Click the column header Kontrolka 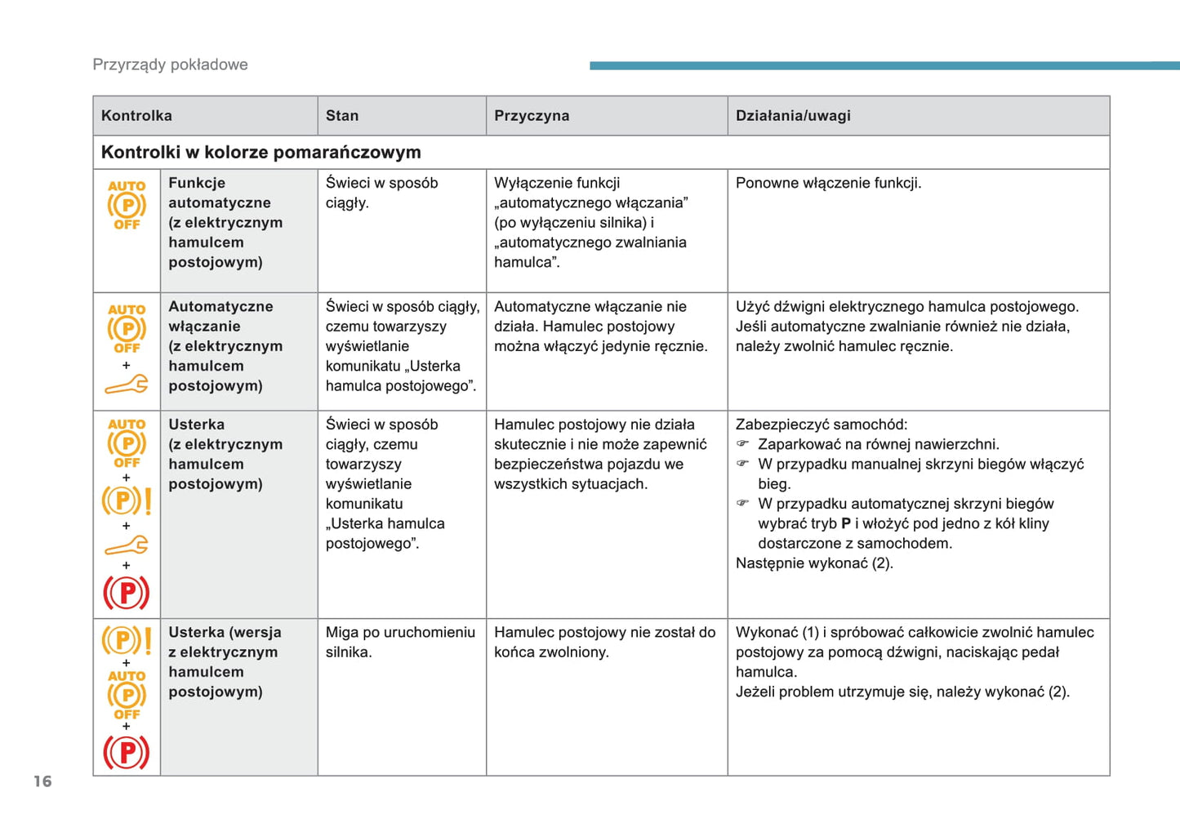[x=136, y=116]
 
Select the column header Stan [x=342, y=116]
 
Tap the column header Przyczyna [x=532, y=116]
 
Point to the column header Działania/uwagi [x=793, y=116]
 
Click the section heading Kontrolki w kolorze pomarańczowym [x=260, y=153]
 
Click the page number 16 [x=42, y=781]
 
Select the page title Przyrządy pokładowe [x=170, y=65]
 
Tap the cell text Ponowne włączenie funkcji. [x=828, y=183]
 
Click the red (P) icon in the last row [x=126, y=752]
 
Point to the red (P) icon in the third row [x=126, y=593]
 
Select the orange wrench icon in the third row [x=127, y=545]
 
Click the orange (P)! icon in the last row [x=127, y=640]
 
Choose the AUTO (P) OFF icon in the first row [x=127, y=205]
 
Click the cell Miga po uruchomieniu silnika [x=399, y=642]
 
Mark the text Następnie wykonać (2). [x=813, y=563]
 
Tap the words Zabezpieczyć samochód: [x=821, y=425]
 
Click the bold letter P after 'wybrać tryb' [x=846, y=524]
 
